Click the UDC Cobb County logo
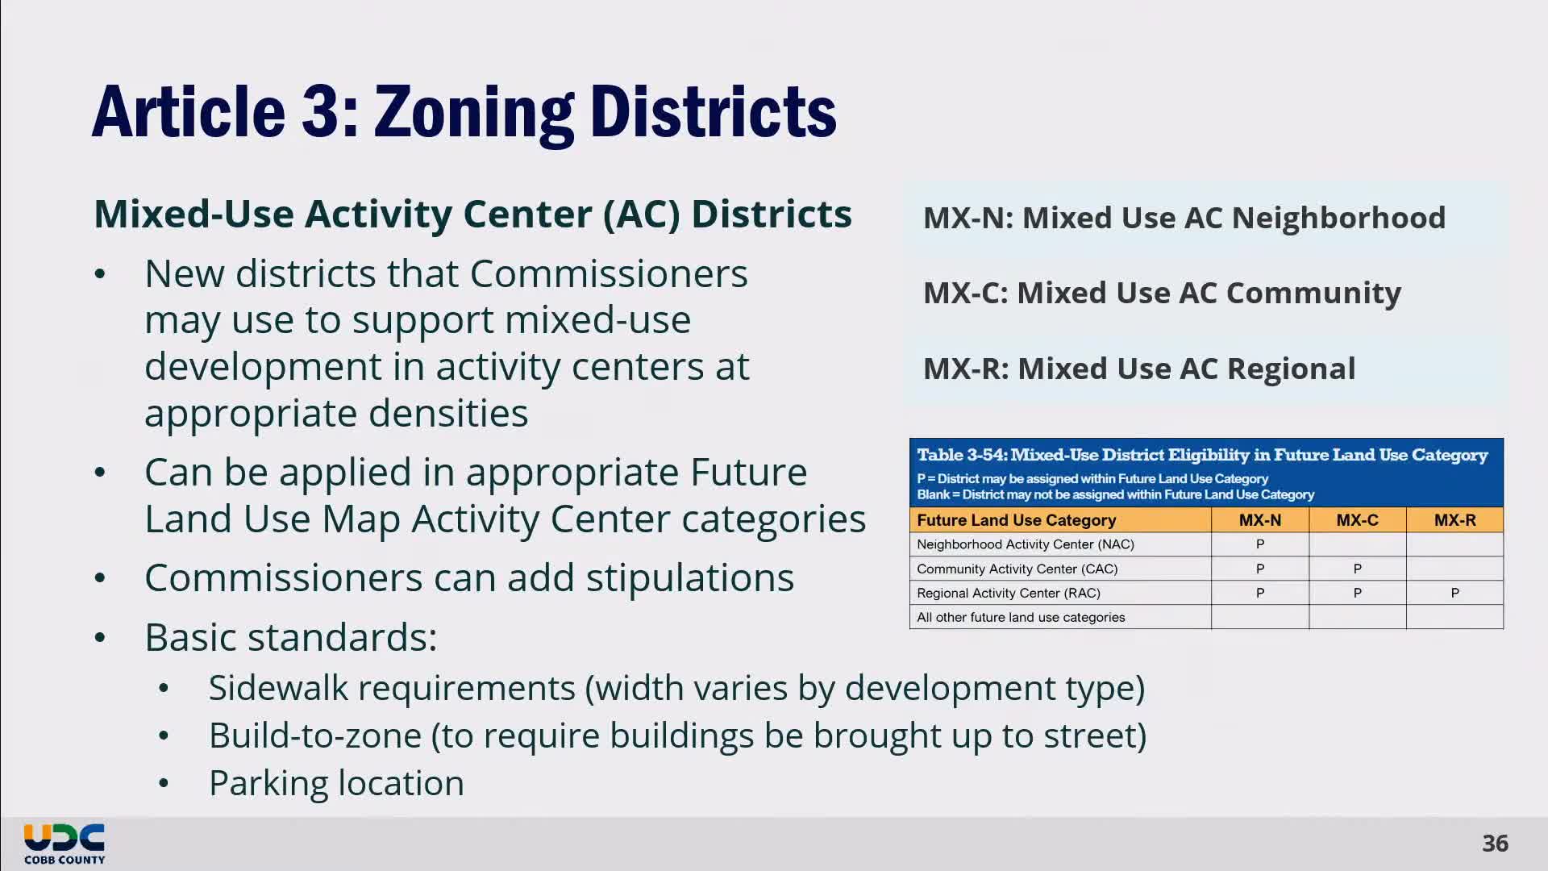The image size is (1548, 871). click(x=64, y=844)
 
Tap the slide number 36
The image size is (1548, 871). click(x=1494, y=844)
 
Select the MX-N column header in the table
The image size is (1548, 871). click(x=1259, y=520)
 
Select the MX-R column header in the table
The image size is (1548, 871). click(x=1454, y=520)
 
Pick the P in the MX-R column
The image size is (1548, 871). click(x=1454, y=593)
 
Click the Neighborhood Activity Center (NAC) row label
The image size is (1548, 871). click(x=1025, y=544)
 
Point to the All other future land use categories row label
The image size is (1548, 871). click(x=1020, y=617)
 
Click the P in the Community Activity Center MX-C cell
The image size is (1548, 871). click(x=1357, y=569)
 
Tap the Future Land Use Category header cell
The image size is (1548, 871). click(x=1016, y=520)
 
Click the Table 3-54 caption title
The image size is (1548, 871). click(x=1201, y=455)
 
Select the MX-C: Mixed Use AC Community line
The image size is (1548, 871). click(x=1161, y=293)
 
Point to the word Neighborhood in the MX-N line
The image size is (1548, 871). click(x=1338, y=218)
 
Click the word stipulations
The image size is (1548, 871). click(x=689, y=578)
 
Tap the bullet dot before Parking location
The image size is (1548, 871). click(x=164, y=783)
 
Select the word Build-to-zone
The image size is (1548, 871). click(x=314, y=736)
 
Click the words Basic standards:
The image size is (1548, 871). click(x=290, y=637)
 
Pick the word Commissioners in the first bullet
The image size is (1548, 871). click(x=609, y=273)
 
